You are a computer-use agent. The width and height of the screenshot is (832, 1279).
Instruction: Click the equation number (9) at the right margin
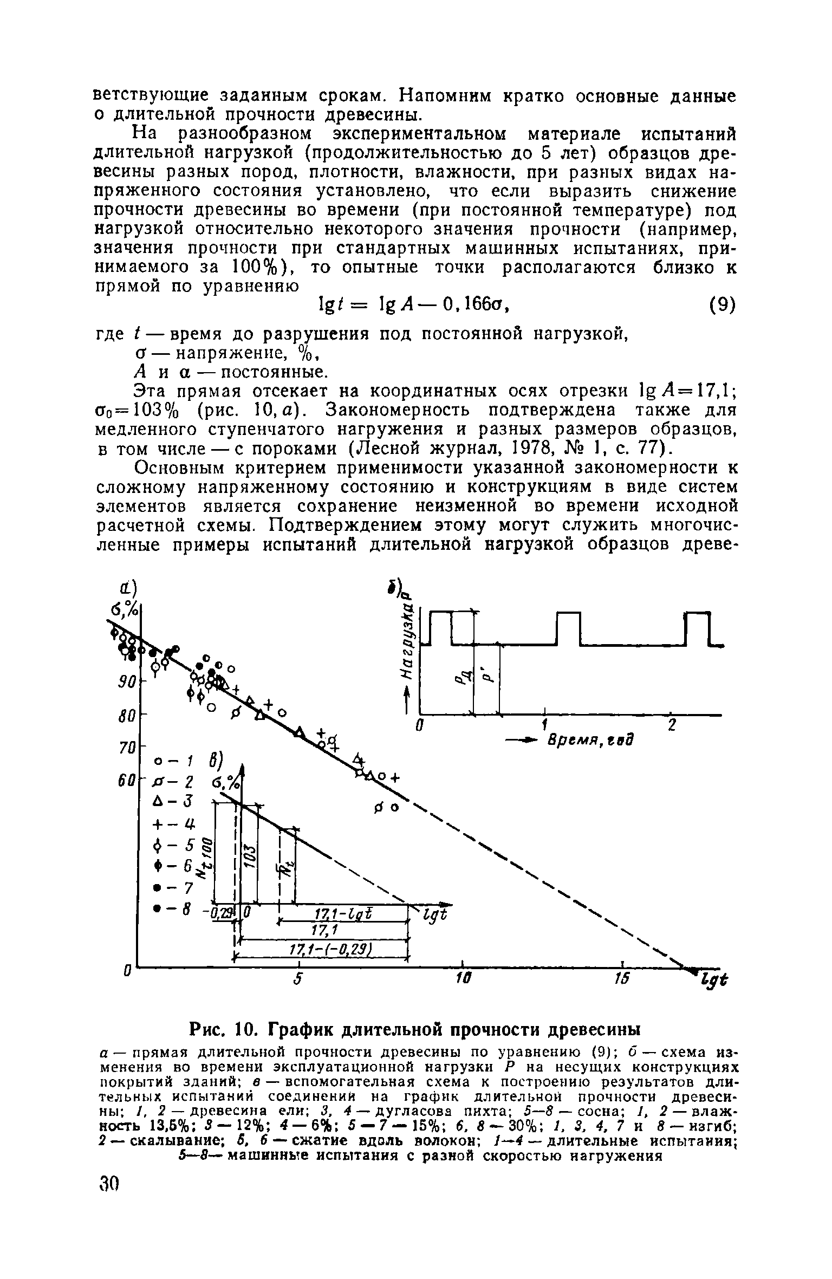(x=721, y=306)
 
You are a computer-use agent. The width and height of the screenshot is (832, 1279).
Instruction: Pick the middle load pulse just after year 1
(x=568, y=627)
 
